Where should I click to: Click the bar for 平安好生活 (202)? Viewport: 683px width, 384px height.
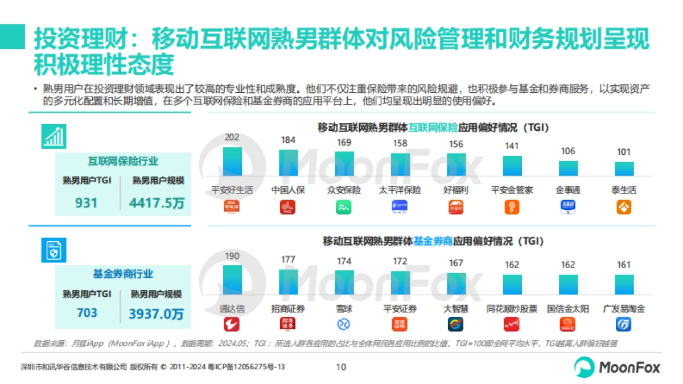(232, 162)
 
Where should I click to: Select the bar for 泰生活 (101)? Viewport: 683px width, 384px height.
(624, 169)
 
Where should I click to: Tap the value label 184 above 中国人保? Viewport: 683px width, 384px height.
(288, 140)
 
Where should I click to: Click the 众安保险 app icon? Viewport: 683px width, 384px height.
(344, 208)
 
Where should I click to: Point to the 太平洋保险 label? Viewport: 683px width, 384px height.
(400, 190)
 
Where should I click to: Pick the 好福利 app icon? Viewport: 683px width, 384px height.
(456, 208)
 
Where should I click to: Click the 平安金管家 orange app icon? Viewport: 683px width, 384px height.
(512, 208)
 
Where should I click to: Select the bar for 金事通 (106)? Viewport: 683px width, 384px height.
(568, 168)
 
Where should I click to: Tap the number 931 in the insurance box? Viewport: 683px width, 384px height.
(86, 203)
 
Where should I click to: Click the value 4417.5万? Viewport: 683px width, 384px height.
(157, 203)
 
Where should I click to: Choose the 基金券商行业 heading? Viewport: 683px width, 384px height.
(123, 274)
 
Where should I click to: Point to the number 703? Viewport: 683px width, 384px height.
(87, 313)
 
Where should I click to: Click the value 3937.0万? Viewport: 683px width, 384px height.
(156, 313)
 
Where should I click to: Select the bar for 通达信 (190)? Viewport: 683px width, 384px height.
(232, 280)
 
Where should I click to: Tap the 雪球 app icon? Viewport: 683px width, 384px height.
(344, 324)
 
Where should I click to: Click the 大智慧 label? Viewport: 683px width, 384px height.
(456, 309)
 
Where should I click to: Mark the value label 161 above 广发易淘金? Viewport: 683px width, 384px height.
(624, 265)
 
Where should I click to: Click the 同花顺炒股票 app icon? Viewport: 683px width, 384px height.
(512, 324)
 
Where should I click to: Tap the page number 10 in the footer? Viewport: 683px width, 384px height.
(341, 367)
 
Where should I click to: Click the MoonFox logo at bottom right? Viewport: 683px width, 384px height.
(617, 367)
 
